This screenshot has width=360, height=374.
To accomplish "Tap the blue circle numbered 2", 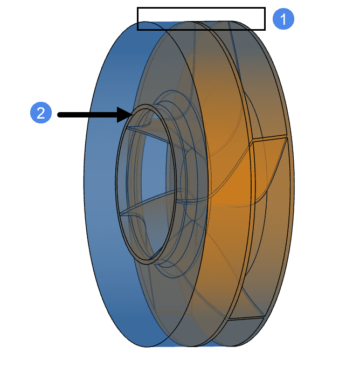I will (x=40, y=114).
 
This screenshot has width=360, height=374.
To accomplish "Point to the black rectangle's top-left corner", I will (x=138, y=8).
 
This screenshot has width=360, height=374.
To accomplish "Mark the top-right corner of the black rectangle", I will (x=265, y=8).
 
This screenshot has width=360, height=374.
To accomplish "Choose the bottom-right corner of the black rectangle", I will (x=265, y=29).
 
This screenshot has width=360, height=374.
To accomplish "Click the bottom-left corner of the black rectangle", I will (x=138, y=29).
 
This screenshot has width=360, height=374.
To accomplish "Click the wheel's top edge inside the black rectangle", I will (x=199, y=22).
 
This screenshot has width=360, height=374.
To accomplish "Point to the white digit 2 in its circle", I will (x=40, y=114).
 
